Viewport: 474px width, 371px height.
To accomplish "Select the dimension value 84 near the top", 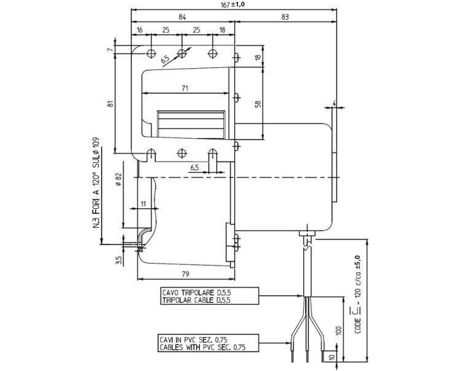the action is coord(182,17).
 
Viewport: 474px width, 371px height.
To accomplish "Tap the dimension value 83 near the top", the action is coord(285,17).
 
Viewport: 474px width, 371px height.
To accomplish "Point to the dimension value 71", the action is coord(185,88).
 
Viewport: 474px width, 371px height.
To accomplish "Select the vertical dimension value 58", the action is coord(258,104).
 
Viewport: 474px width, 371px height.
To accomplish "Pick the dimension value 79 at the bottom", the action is coord(185,274).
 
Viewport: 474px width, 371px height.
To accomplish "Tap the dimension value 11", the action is coord(143,203).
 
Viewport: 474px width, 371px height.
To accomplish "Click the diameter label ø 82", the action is coord(118,179).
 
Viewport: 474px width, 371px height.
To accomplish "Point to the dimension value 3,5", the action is coord(118,260).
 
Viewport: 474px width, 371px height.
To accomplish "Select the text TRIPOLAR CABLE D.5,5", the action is coord(196,300).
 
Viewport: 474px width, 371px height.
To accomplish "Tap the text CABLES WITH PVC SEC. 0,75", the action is coord(203,347).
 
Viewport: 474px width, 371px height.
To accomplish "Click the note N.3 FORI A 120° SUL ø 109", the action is coord(96,182).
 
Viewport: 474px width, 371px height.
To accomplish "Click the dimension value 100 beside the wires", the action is coord(339,330).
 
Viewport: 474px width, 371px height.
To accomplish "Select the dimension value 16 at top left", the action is coord(139,30).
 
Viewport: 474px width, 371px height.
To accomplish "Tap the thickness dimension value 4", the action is coord(334,103).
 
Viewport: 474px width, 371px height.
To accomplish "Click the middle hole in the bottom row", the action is coord(181,153).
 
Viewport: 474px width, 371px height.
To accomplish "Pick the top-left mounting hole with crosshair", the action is coord(151,53).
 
